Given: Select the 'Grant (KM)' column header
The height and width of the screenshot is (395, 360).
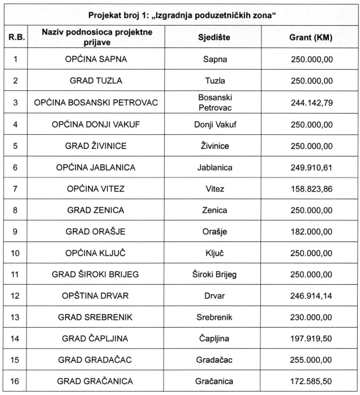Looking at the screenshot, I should (x=311, y=38).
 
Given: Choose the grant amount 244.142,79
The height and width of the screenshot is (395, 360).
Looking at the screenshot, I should (x=311, y=103).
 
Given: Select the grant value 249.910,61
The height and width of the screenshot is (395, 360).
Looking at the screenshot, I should (x=311, y=167).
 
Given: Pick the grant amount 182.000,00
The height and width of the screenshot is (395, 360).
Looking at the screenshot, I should (x=311, y=231).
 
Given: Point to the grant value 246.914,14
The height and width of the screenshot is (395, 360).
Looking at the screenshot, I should (x=311, y=296).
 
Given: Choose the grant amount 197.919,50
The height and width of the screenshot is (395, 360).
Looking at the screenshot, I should (x=311, y=339).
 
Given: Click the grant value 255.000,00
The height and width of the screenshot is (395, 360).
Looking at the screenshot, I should (x=311, y=360).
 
